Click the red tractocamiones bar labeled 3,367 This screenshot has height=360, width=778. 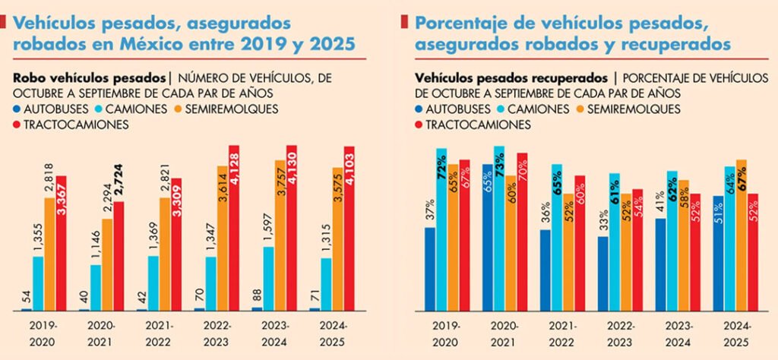(61, 243)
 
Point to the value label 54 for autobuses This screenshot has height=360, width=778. (27, 297)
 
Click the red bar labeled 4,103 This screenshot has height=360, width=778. (349, 228)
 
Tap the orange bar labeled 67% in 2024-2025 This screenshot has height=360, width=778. (742, 235)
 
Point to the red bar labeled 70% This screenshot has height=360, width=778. (521, 232)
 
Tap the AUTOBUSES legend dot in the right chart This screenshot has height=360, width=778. (420, 109)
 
